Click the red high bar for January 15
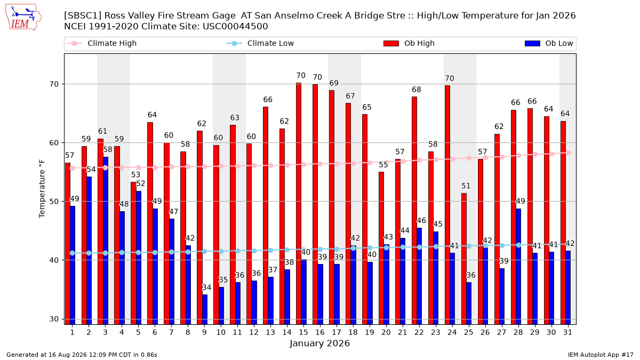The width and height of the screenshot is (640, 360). point(299,204)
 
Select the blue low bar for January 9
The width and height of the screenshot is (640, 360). point(205,309)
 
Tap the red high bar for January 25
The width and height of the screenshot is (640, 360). point(464,259)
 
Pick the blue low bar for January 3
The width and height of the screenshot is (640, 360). point(106,241)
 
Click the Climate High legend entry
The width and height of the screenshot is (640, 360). point(102,43)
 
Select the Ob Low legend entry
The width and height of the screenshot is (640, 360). point(549,43)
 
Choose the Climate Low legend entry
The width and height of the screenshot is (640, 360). point(260,43)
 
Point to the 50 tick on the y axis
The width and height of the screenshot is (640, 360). point(54,202)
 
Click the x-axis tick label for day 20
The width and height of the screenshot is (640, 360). point(386,332)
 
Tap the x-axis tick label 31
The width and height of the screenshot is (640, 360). point(567,332)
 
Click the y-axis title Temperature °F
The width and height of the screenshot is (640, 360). point(42,189)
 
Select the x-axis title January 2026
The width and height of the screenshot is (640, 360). point(319,343)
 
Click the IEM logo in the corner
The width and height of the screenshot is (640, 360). point(23,18)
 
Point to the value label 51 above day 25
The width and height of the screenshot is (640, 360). point(466,186)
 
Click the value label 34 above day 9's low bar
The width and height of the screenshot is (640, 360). point(206,287)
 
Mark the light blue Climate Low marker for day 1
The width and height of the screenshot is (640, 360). point(73,253)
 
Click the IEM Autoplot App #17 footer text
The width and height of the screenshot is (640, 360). point(601,355)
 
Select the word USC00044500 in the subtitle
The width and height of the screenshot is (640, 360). point(235,27)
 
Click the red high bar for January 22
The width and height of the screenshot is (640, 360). point(414,211)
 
